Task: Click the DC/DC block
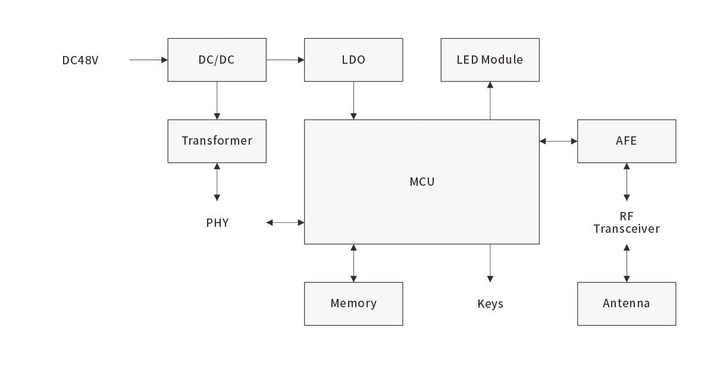[217, 60]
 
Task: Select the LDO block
[353, 60]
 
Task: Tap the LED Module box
[490, 60]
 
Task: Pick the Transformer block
[217, 141]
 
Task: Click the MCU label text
[422, 182]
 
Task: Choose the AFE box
[627, 141]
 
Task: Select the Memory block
[353, 304]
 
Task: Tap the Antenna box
[627, 304]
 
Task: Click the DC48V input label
[80, 60]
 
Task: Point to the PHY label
[217, 223]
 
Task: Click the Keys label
[490, 304]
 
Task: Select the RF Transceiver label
[627, 223]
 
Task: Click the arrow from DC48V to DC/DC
[148, 60]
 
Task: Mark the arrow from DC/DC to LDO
[285, 60]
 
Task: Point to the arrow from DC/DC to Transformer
[217, 101]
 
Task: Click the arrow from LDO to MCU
[353, 101]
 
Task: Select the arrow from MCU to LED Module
[490, 101]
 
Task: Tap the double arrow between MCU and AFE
[558, 141]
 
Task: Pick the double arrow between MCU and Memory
[353, 263]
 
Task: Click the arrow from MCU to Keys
[490, 263]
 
